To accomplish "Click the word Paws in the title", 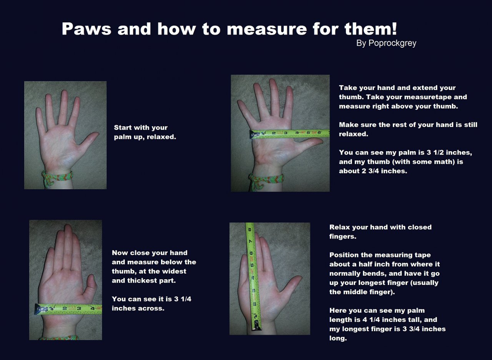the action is pyautogui.click(x=86, y=29).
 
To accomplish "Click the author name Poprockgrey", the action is pyautogui.click(x=392, y=43).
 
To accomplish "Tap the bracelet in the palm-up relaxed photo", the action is pyautogui.click(x=57, y=177).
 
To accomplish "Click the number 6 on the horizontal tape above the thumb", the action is pyautogui.click(x=319, y=133).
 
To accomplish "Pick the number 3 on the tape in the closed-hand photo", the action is pyautogui.click(x=79, y=308).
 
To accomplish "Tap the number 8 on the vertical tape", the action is pyautogui.click(x=249, y=230).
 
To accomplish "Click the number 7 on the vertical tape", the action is pyautogui.click(x=250, y=241).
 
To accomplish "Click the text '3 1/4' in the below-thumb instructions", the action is pyautogui.click(x=183, y=299).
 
